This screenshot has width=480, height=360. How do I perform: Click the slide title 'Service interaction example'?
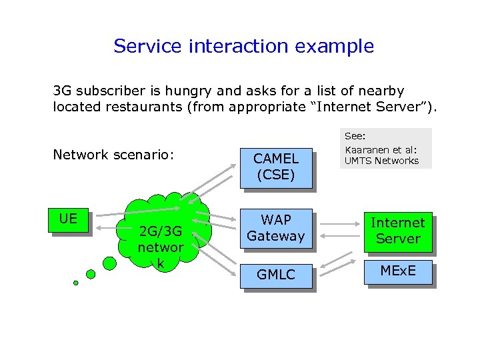click(x=243, y=46)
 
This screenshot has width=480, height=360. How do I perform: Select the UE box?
click(x=67, y=219)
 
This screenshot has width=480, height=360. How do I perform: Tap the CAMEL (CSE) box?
click(x=276, y=167)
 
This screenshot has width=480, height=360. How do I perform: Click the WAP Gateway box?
click(x=276, y=227)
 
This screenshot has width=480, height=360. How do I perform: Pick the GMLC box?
click(x=276, y=274)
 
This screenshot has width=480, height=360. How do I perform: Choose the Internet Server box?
click(x=397, y=231)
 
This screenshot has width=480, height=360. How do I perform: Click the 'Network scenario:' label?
click(x=113, y=155)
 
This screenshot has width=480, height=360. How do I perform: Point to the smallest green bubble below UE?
click(x=76, y=283)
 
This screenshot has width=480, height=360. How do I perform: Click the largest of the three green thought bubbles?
click(x=108, y=263)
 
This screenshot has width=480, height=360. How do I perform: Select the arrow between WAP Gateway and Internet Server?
click(x=339, y=226)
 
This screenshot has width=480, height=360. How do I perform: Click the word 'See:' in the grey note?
click(x=354, y=135)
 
